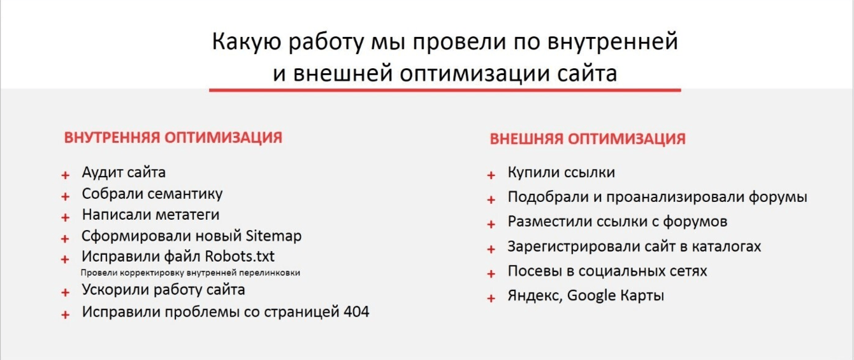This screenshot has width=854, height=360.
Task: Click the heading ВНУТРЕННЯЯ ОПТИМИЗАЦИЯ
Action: (x=173, y=138)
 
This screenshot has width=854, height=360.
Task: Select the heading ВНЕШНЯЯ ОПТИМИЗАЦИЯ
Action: (x=588, y=139)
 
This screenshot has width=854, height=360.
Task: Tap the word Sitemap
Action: (x=273, y=236)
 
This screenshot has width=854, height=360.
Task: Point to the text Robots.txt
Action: (x=240, y=256)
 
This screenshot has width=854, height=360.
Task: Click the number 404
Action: (x=356, y=312)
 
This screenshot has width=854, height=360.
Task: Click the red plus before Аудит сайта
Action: (x=65, y=175)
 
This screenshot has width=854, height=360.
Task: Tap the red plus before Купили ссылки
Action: (x=491, y=175)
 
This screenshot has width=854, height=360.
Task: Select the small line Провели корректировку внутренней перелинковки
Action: (x=191, y=273)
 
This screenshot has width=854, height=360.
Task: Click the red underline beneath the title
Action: (x=445, y=90)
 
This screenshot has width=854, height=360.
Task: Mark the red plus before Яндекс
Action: (x=491, y=298)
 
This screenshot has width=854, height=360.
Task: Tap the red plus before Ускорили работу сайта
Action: (x=65, y=292)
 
